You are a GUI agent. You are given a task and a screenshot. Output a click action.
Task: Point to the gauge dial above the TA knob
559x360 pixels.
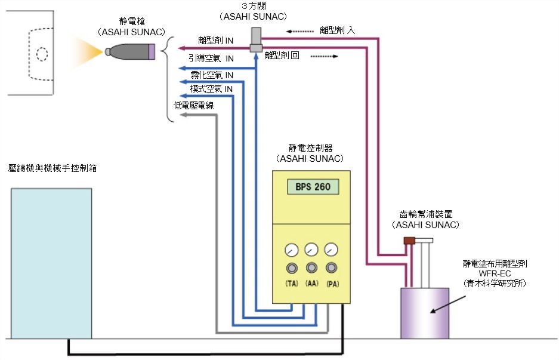click(292, 250)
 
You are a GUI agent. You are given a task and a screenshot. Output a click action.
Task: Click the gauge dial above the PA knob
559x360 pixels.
click(331, 250)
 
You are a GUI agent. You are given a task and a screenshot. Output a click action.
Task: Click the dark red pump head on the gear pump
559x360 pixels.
click(409, 241)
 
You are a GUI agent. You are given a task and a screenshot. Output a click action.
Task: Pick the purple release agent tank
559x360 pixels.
click(424, 313)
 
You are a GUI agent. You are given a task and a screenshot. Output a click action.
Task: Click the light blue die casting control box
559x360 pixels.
click(51, 263)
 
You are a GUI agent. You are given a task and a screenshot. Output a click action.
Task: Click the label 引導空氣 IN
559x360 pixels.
click(211, 59)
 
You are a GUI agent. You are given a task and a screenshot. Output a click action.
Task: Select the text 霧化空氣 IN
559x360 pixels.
click(211, 75)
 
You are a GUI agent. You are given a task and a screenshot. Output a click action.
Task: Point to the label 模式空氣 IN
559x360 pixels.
click(211, 89)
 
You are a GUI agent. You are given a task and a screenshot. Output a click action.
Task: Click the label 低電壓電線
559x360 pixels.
click(194, 105)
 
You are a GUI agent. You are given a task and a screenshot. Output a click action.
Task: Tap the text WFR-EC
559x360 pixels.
click(492, 272)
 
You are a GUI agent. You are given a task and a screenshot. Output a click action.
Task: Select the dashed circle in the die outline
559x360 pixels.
click(42, 54)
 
